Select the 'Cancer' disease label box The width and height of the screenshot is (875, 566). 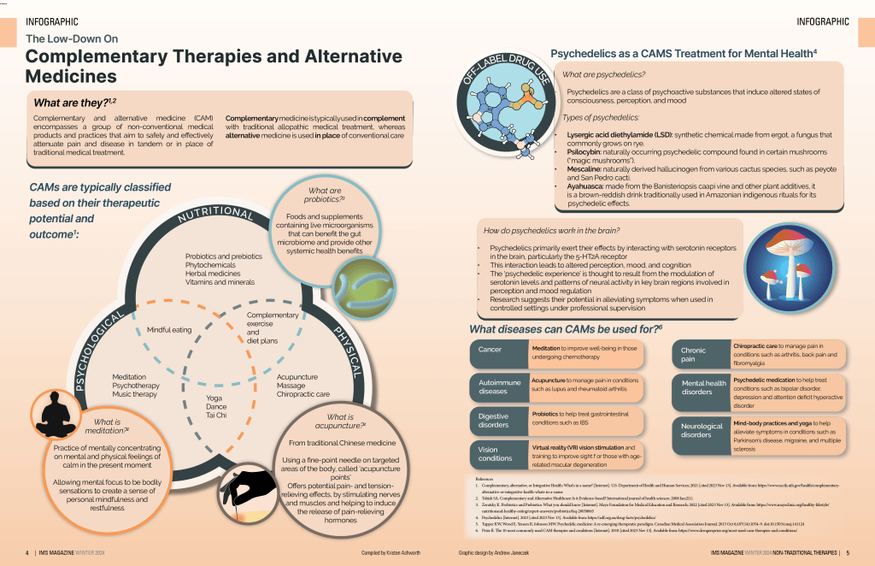[x=496, y=351]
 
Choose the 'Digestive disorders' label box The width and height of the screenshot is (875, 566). [x=496, y=419]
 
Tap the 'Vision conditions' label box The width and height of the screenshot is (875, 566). [x=496, y=453]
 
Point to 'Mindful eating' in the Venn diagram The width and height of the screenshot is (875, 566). [x=169, y=329]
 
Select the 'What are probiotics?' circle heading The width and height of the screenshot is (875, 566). [x=326, y=194]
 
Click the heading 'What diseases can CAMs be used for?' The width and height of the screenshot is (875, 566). [x=566, y=329]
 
